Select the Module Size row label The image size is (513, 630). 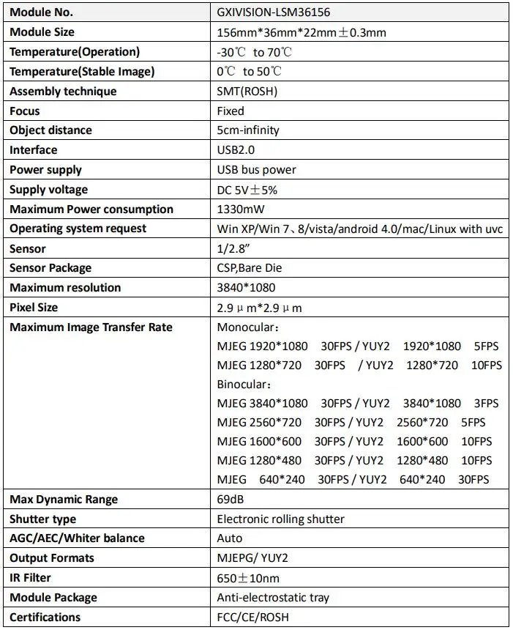point(42,32)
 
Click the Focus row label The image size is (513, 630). point(25,111)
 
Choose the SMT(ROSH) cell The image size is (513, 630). point(247,92)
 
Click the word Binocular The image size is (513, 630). point(242,384)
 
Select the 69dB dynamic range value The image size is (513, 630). point(231,500)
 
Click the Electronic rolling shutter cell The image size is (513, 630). point(281,519)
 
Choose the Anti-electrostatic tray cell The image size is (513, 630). point(273,598)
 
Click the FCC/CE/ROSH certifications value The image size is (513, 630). point(253,618)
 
